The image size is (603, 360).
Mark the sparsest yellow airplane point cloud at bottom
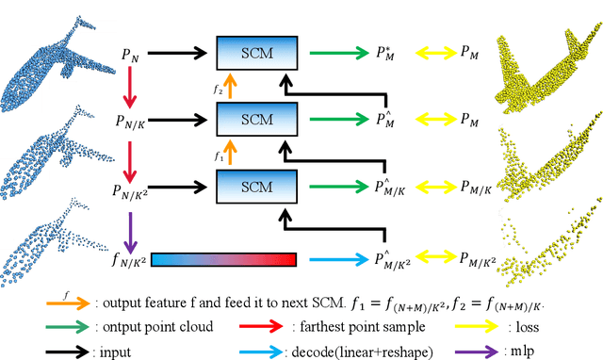coord(546,248)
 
